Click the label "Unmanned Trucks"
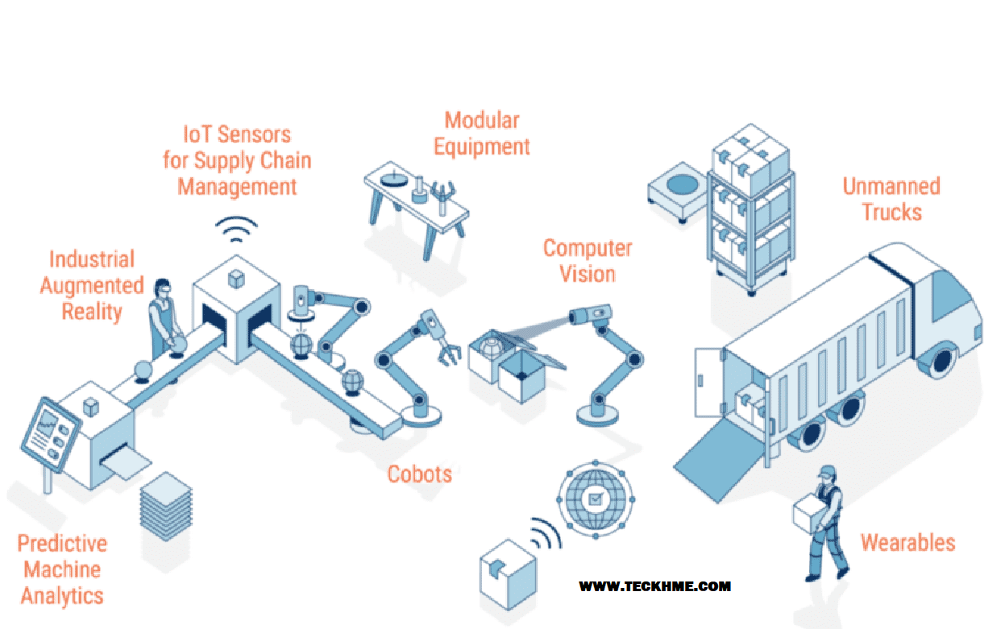[891, 199]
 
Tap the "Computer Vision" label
[587, 260]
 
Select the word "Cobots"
[420, 474]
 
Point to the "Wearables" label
[908, 542]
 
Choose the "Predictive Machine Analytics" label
[62, 569]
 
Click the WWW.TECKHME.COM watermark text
[654, 586]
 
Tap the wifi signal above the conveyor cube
[236, 230]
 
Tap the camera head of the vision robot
[586, 315]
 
